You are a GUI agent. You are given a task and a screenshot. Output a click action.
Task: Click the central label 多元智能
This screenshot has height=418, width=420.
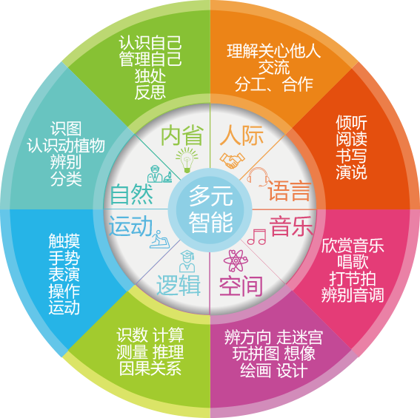pyautogui.click(x=210, y=209)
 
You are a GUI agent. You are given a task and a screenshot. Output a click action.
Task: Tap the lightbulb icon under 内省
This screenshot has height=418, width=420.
pyautogui.click(x=187, y=160)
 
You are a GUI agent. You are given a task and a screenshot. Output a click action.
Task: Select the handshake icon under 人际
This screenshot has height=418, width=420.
pyautogui.click(x=232, y=161)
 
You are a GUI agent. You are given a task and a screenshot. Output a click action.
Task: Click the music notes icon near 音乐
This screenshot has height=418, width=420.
pyautogui.click(x=256, y=237)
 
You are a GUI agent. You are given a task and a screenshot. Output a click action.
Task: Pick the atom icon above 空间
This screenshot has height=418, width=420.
pyautogui.click(x=236, y=260)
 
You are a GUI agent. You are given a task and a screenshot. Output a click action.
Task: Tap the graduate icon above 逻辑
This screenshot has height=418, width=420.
pyautogui.click(x=187, y=261)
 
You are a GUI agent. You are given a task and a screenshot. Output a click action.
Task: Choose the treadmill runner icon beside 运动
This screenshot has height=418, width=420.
pyautogui.click(x=159, y=239)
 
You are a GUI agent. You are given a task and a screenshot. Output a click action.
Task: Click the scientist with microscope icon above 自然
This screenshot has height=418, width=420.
pyautogui.click(x=160, y=174)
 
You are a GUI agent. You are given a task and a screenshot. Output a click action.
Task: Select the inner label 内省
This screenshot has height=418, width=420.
pyautogui.click(x=182, y=135)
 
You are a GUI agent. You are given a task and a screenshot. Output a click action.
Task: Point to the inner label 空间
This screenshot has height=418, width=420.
pyautogui.click(x=241, y=286)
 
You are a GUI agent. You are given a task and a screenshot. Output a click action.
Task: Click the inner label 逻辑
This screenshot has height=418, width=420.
pyautogui.click(x=179, y=286)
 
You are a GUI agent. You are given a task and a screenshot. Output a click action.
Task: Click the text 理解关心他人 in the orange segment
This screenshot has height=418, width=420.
pyautogui.click(x=274, y=51)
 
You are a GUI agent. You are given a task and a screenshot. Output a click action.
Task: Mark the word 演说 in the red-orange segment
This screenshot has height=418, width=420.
pyautogui.click(x=351, y=172)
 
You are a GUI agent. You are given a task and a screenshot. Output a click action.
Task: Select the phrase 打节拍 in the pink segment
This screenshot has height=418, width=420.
pyautogui.click(x=353, y=279)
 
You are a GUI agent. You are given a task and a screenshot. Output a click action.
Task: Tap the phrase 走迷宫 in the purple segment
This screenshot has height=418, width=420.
pyautogui.click(x=300, y=337)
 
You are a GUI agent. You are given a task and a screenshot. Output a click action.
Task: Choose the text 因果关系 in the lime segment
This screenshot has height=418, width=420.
pyautogui.click(x=150, y=368)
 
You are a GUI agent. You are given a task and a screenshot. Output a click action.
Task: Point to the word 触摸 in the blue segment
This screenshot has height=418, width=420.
pyautogui.click(x=64, y=241)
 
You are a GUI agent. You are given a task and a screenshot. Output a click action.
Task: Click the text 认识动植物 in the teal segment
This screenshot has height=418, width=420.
pyautogui.click(x=66, y=146)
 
